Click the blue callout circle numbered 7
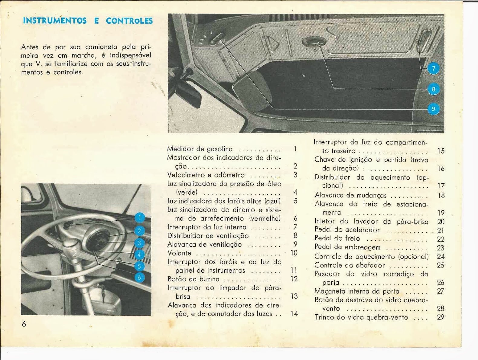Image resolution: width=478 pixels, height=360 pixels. (433, 69)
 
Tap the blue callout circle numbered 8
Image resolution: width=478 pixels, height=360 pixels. (433, 89)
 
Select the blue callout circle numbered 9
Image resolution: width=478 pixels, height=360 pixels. (433, 109)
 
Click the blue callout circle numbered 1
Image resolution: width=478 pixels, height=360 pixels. (139, 218)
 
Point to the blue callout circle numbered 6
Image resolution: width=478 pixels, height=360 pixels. (139, 277)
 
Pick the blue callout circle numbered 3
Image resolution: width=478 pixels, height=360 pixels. (139, 243)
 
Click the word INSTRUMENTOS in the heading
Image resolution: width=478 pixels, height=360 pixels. (55, 21)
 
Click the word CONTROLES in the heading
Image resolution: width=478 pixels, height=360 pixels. (129, 21)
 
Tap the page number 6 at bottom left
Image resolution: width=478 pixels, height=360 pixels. (24, 324)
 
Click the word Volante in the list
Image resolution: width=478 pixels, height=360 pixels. (179, 253)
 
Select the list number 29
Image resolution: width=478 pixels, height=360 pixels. (441, 317)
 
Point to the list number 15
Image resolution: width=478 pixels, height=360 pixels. (441, 151)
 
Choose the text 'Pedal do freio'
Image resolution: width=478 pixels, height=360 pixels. (337, 238)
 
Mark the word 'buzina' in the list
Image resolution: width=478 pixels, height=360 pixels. (209, 279)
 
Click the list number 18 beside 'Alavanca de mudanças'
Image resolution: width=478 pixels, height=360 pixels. (441, 195)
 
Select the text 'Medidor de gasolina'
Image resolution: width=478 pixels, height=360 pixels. (200, 149)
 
